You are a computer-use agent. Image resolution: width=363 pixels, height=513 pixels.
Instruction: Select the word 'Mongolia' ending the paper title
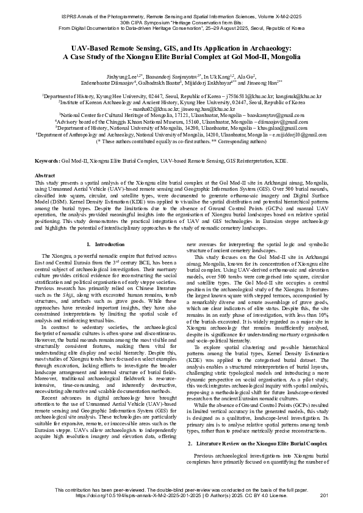click(283, 55)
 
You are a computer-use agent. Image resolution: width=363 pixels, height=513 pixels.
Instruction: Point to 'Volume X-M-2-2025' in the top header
click(287, 5)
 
